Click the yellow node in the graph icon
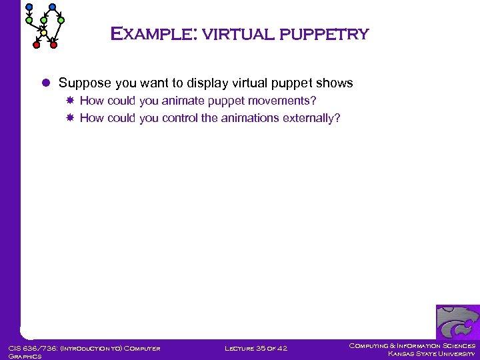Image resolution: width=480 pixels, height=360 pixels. click(43, 32)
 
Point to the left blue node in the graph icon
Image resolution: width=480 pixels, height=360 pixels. click(29, 7)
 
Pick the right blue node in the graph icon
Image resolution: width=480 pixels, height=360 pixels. click(53, 7)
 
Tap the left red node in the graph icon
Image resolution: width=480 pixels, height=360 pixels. click(37, 45)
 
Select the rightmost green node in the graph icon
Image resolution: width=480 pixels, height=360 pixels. click(61, 21)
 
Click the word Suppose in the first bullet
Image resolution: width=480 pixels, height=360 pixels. click(85, 83)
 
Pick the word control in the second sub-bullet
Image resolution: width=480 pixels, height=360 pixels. click(180, 118)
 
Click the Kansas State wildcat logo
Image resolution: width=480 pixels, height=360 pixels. click(457, 322)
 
